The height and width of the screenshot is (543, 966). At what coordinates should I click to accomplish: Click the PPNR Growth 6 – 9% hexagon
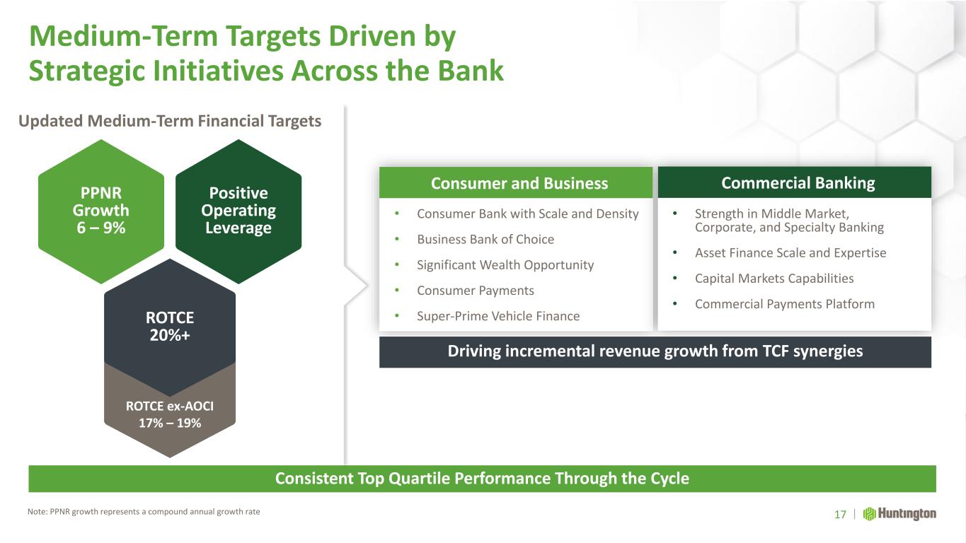tap(101, 211)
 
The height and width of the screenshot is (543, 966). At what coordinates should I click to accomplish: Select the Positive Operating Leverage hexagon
tap(238, 211)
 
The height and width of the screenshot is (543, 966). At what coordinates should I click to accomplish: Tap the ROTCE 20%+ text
tap(170, 326)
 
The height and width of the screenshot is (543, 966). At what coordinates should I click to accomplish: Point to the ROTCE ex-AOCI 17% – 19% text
tap(170, 414)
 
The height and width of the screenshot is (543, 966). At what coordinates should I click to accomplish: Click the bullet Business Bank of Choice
tap(485, 239)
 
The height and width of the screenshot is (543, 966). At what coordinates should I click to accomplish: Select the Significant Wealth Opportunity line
tap(505, 264)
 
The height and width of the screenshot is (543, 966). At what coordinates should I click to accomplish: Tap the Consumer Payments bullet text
tap(476, 291)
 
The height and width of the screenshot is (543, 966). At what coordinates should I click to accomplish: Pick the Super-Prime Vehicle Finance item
tap(498, 316)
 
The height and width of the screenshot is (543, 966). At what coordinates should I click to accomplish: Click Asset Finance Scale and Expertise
tap(790, 252)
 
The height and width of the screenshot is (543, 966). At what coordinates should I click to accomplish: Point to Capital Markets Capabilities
tap(774, 279)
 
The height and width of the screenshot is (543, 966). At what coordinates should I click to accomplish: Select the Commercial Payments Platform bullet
tap(784, 304)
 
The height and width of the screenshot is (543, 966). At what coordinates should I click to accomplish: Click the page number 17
tap(840, 514)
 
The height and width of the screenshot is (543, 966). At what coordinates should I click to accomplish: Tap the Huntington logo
tap(899, 514)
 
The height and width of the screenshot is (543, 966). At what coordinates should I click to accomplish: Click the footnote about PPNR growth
tap(144, 512)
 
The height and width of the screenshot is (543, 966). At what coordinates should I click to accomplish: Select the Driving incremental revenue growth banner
tap(655, 351)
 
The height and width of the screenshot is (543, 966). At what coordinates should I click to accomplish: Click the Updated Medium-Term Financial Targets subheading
tap(170, 121)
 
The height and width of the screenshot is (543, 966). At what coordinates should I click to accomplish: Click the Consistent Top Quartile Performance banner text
tap(482, 479)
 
